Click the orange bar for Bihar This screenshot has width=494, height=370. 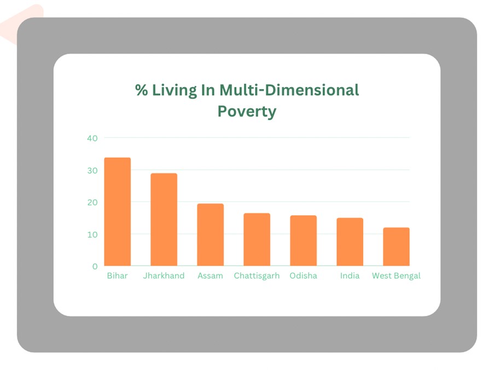coord(118,212)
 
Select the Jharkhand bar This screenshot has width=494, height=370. coord(164,219)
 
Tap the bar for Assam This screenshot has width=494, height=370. coord(211,234)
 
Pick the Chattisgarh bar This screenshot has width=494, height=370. coord(257,239)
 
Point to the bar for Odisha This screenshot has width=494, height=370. coord(304,240)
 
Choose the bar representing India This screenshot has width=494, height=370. coord(350,242)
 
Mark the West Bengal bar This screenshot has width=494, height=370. coord(396,246)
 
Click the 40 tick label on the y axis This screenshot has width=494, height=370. coord(92,138)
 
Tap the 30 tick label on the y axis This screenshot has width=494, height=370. coord(92,171)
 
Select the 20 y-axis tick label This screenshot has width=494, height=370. coord(92,203)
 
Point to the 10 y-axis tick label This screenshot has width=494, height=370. coord(92,234)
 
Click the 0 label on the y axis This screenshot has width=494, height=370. coord(95,267)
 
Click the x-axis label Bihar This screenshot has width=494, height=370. coord(117,275)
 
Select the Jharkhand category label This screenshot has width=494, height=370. coord(164,275)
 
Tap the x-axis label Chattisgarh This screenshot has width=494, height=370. coord(257,276)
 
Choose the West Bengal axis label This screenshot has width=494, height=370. coord(396,276)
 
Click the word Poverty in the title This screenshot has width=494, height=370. coord(247,111)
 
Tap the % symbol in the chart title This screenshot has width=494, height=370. coord(142,90)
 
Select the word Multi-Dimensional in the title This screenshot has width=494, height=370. coord(289,90)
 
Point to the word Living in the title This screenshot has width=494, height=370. coord(175,91)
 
